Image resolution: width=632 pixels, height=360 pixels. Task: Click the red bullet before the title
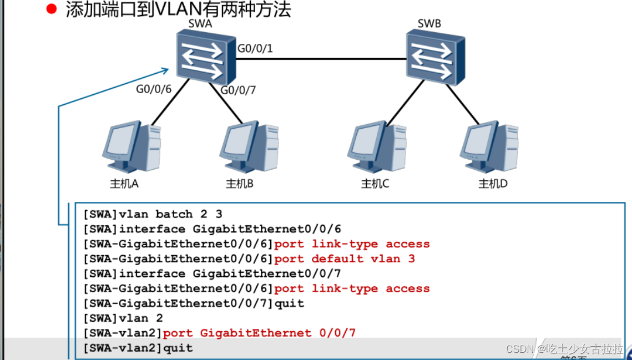click(52, 9)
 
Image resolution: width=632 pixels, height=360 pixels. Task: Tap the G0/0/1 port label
click(255, 49)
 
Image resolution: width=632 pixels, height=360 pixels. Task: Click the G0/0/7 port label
click(238, 90)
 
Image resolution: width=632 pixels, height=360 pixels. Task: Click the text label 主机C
click(375, 184)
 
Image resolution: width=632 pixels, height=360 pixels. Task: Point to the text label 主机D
click(493, 184)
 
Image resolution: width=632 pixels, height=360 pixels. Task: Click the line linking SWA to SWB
click(322, 58)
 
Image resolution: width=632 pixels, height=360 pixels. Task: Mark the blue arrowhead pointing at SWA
click(165, 70)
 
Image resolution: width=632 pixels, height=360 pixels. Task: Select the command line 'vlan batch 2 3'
click(154, 214)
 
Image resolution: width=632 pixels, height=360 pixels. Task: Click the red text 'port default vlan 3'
click(344, 258)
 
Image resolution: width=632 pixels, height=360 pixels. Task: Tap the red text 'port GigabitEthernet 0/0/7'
click(259, 333)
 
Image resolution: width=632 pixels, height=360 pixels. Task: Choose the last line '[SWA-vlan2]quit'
click(138, 348)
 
